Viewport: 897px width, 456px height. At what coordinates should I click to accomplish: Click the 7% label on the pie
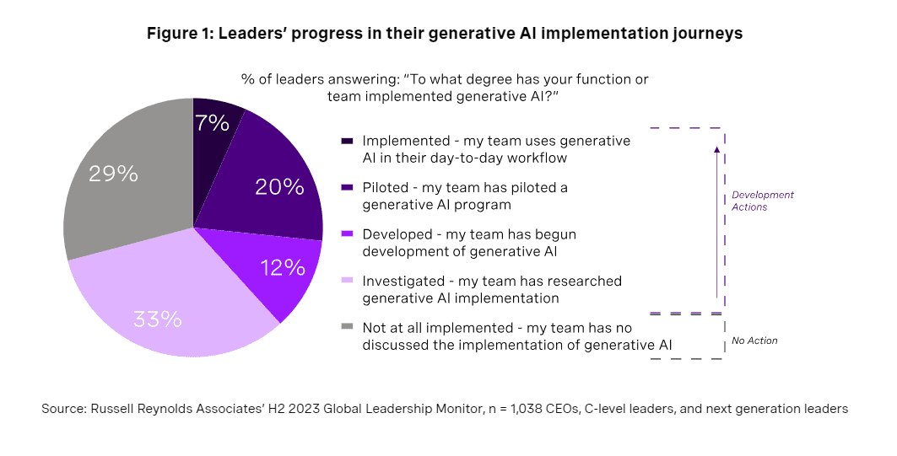click(211, 123)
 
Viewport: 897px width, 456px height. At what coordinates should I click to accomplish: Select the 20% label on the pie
click(280, 187)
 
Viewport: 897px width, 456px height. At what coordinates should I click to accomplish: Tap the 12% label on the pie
click(283, 268)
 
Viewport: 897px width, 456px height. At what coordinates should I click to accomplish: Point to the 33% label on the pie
click(158, 319)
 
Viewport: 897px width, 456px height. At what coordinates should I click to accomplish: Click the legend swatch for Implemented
click(347, 142)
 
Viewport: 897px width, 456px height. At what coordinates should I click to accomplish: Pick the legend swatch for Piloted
click(347, 188)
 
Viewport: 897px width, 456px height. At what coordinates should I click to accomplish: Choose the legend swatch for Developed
click(347, 235)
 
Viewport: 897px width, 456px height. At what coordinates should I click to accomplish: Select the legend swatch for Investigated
click(347, 282)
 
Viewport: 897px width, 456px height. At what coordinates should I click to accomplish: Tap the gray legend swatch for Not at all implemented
click(347, 328)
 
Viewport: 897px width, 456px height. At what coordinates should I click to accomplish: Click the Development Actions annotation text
click(762, 201)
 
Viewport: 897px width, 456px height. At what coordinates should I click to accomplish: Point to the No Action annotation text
click(754, 341)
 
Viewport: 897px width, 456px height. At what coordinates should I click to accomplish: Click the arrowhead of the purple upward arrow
click(716, 150)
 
